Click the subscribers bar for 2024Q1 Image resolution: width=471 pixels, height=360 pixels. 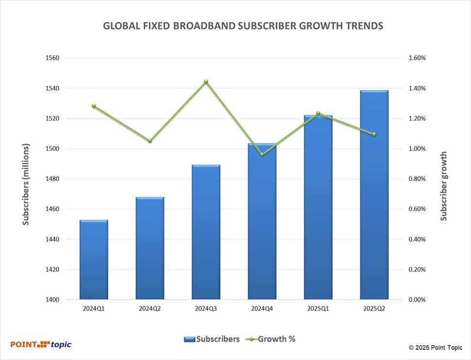pos(94,260)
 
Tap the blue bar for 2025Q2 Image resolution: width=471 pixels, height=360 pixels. pos(374,195)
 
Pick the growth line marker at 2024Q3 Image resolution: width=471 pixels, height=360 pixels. pos(206,82)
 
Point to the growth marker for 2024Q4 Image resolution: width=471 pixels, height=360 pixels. pos(262,155)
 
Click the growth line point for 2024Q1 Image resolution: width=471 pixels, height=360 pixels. pos(94,106)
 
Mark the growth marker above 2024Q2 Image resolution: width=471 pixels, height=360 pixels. pos(150,141)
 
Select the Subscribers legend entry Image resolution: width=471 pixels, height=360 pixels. pos(212,339)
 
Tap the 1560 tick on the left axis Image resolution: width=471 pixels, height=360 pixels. pos(52,58)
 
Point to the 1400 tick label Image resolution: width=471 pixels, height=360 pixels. pos(52,300)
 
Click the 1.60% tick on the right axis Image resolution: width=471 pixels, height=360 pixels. pos(417,58)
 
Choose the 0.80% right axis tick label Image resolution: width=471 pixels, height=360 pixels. pos(417,179)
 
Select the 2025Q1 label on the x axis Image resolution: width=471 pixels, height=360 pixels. pos(318,308)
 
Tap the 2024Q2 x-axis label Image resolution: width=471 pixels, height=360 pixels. pos(150,308)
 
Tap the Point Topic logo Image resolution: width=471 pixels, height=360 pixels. pos(41,344)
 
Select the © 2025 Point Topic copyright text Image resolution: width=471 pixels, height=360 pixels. pos(436,347)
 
